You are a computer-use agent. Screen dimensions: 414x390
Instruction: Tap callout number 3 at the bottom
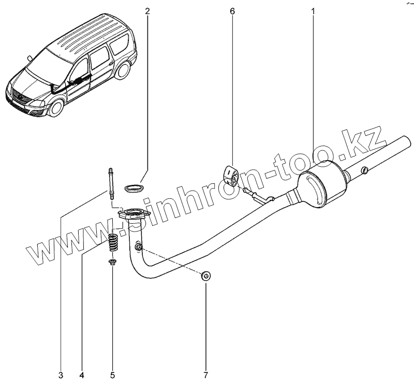point(61,375)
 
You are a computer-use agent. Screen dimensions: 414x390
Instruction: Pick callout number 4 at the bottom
point(82,375)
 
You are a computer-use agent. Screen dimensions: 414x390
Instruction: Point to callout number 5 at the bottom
point(112,375)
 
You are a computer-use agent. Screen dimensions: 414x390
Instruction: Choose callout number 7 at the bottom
point(205,375)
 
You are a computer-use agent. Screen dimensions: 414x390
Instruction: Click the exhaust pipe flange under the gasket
point(132,214)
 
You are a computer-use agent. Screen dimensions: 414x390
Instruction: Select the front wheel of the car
point(55,108)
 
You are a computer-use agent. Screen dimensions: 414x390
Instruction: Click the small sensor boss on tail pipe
point(365,170)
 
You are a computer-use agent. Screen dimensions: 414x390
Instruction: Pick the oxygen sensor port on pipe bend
point(139,246)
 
